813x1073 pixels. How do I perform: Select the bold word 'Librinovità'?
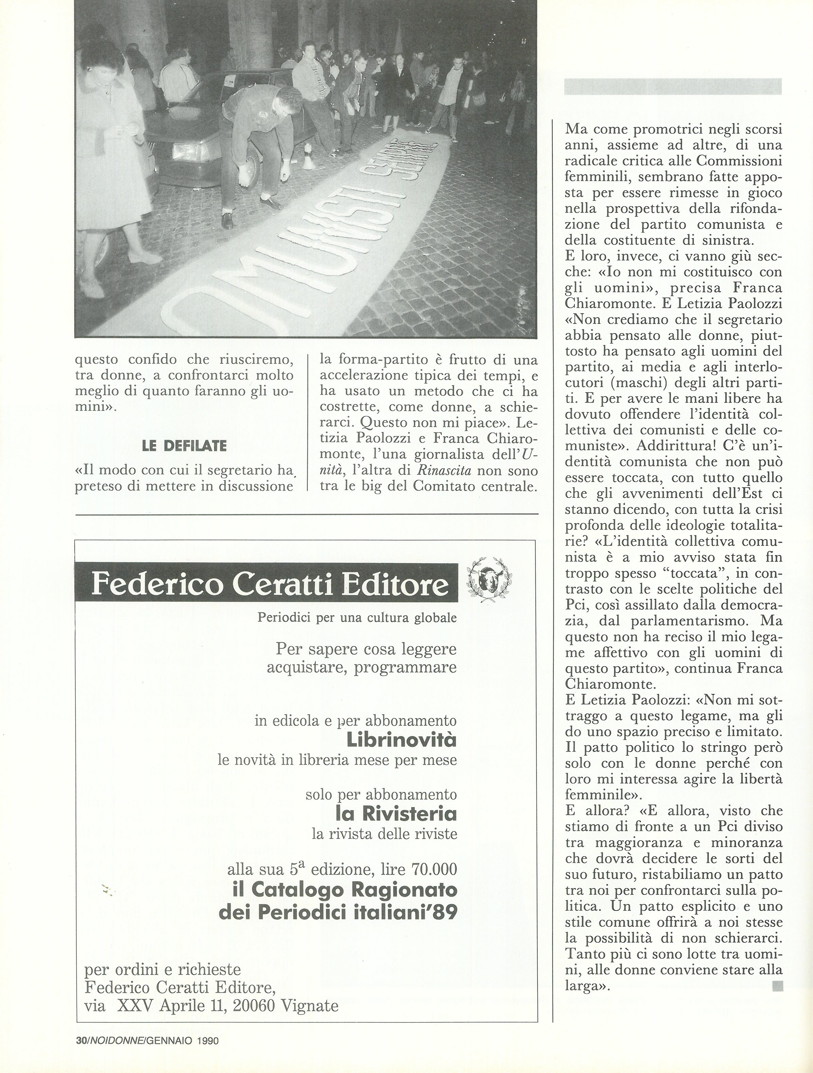[402, 740]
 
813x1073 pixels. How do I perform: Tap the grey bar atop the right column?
[673, 86]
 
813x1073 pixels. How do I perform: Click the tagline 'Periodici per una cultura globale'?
[357, 618]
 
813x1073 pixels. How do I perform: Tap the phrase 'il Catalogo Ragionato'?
[344, 890]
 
